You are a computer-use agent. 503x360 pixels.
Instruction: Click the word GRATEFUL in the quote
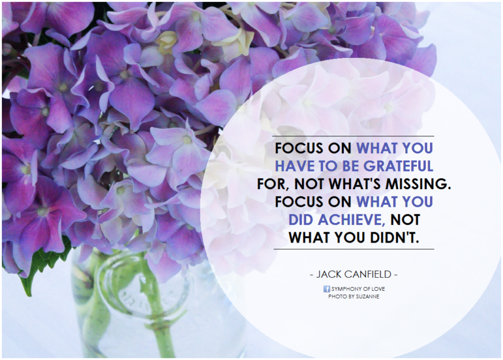click(x=398, y=166)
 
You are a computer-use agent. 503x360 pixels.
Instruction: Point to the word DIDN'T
click(x=395, y=238)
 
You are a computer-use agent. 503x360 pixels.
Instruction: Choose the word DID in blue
click(x=302, y=220)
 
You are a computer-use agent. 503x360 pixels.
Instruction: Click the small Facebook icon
click(x=326, y=289)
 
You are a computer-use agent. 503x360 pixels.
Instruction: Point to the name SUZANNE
click(x=368, y=297)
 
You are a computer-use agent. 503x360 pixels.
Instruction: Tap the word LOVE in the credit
click(x=379, y=289)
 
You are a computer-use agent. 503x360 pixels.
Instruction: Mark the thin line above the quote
click(x=353, y=136)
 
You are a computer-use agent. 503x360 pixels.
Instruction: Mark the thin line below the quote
click(x=354, y=249)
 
